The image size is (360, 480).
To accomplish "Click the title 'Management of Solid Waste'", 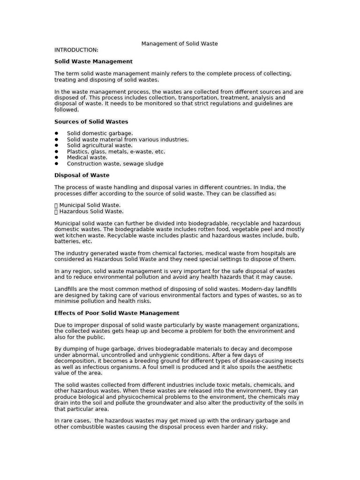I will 180,44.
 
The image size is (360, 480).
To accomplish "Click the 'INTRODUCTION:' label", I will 76,50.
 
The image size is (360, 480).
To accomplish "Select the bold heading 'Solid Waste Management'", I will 93,61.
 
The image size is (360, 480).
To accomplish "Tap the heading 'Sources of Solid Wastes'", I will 91,121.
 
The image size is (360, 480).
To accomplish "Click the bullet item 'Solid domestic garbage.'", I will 100,134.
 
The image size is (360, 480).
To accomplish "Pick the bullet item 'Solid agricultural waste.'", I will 99,145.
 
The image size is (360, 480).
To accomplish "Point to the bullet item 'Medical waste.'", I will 87,157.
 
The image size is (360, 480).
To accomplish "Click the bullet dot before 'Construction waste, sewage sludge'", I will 56,164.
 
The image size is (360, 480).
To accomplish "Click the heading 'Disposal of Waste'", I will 82,175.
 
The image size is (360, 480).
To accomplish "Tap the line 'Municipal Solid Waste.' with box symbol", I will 88,205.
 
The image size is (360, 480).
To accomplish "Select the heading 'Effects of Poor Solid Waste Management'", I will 117,313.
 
